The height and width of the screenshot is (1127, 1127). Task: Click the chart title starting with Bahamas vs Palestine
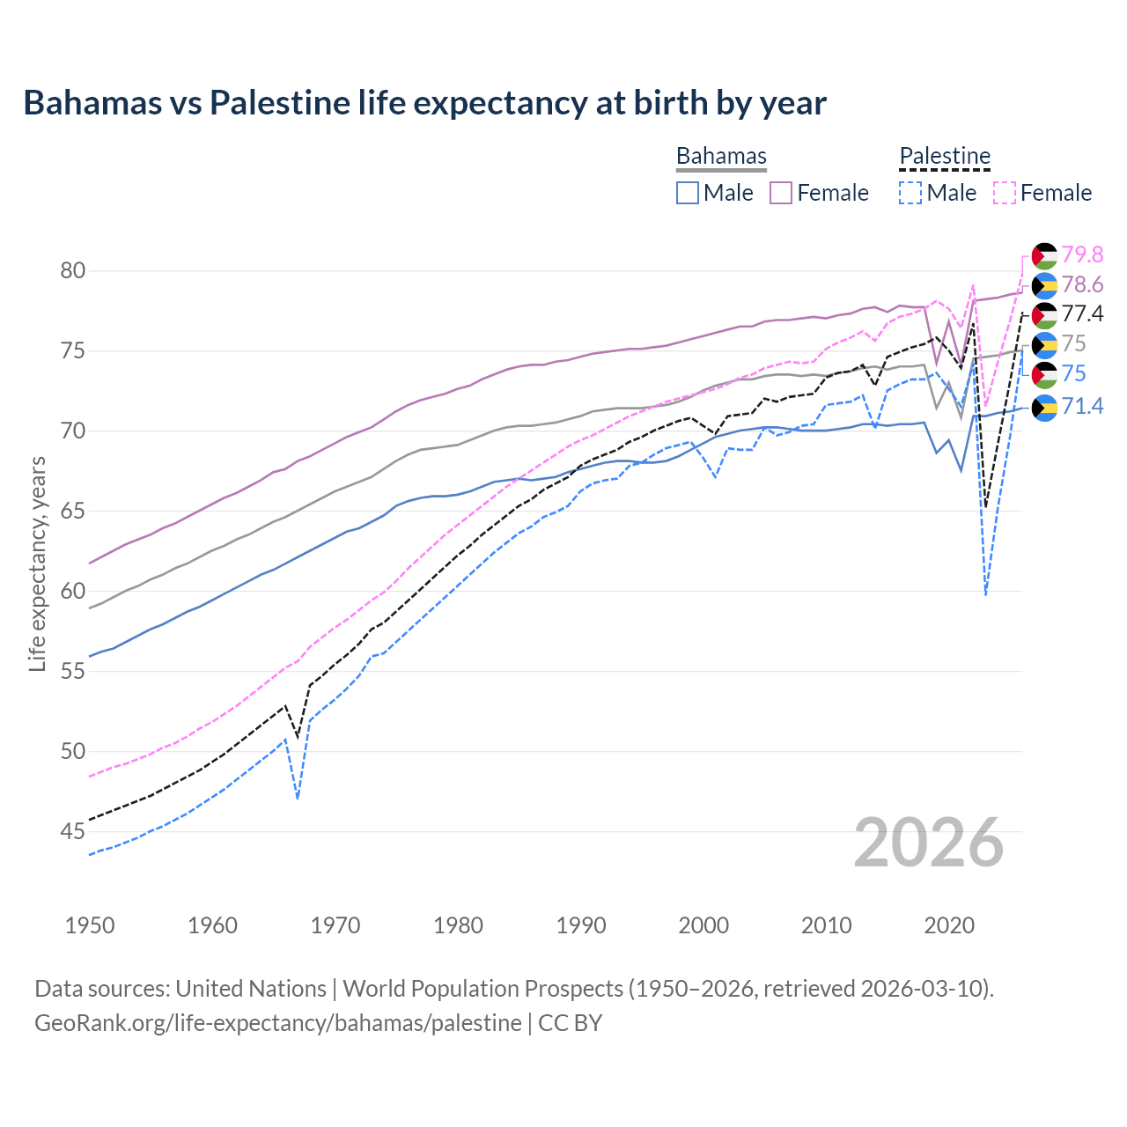[424, 103]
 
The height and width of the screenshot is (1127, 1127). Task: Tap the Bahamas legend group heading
[721, 156]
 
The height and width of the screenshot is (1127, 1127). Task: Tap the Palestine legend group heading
[945, 156]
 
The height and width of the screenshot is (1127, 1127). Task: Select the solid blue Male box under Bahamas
[688, 193]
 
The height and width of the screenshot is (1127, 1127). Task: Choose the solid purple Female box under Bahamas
[781, 193]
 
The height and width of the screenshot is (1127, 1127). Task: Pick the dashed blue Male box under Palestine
[910, 193]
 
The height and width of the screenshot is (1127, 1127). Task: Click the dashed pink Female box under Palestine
[1005, 193]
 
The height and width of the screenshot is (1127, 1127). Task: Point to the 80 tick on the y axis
[73, 270]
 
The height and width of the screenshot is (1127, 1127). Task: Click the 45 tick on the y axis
[73, 831]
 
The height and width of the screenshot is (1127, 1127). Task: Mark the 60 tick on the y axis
[73, 591]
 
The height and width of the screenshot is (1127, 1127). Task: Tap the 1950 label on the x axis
[90, 925]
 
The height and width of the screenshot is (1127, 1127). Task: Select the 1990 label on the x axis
[581, 925]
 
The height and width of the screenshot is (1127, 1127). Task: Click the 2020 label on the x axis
[949, 925]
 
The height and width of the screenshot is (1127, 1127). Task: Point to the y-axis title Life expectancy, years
[37, 563]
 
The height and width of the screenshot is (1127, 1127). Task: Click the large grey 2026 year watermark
[929, 843]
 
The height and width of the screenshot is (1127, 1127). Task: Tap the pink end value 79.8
[1082, 254]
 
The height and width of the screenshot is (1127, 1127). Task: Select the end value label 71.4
[1082, 406]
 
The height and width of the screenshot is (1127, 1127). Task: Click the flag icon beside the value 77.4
[1044, 314]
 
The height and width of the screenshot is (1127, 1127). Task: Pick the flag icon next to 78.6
[1044, 284]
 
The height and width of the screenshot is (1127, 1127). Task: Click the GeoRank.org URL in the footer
[278, 1023]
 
